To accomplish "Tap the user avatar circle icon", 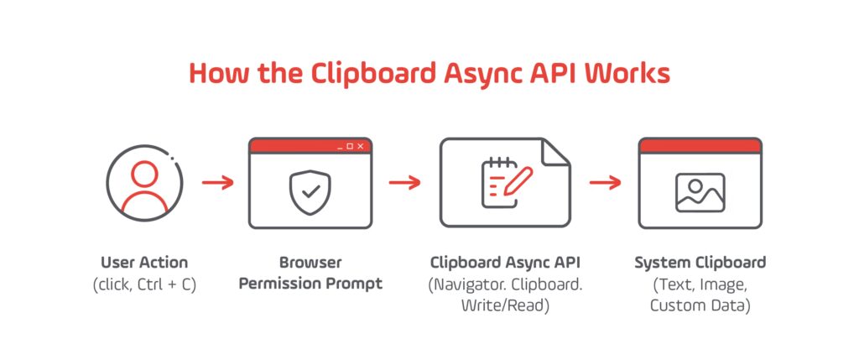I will [143, 185].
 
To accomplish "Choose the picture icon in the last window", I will [700, 192].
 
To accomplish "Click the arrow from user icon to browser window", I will [218, 183].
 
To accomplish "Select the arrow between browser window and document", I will [404, 183].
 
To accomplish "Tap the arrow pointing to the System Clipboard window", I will [604, 183].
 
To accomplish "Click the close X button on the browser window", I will [361, 146].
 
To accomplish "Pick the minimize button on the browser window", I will [340, 147].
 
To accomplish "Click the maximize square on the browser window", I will [350, 146].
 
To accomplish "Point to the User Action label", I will [143, 263].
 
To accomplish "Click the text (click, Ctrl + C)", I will [143, 284].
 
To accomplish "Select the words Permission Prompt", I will [310, 284].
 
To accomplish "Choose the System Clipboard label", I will [700, 263].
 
